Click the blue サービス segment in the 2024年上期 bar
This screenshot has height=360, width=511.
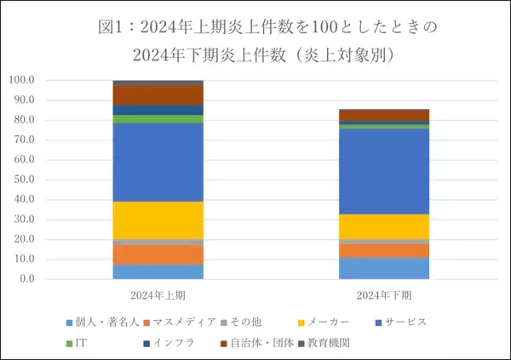tap(158, 162)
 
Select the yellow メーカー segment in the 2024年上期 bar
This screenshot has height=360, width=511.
tap(158, 220)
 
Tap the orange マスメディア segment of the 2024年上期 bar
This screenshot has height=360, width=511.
tap(158, 254)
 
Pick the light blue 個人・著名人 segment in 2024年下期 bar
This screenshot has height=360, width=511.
tap(384, 268)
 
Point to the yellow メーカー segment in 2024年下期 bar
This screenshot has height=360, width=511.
tap(384, 226)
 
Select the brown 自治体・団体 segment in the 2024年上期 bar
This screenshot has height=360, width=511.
tap(158, 95)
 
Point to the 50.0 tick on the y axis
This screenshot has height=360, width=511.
tap(23, 180)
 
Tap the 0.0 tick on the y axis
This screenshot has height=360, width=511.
tap(26, 279)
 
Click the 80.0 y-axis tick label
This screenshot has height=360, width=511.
tap(23, 120)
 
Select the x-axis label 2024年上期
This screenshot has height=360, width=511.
tap(158, 295)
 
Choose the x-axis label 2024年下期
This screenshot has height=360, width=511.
tap(384, 295)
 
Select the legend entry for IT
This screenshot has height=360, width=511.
tap(78, 343)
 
